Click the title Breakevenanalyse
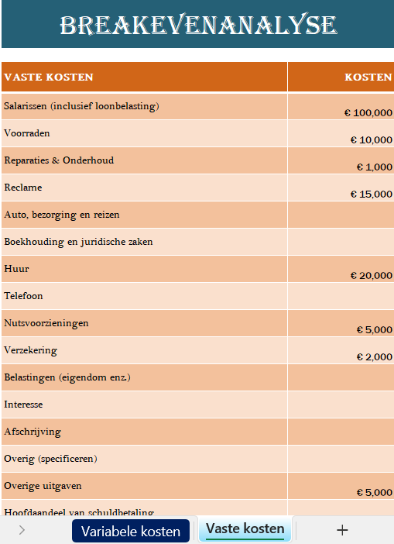pyautogui.click(x=198, y=26)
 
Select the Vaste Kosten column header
pyautogui.click(x=49, y=77)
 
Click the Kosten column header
pyautogui.click(x=368, y=77)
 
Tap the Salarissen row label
pyautogui.click(x=81, y=106)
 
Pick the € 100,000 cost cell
pyautogui.click(x=368, y=113)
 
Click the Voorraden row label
pyautogui.click(x=27, y=133)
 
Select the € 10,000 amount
pyautogui.click(x=372, y=140)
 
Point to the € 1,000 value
pyautogui.click(x=375, y=167)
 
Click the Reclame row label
pyautogui.click(x=23, y=188)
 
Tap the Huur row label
pyautogui.click(x=17, y=269)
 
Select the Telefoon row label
pyautogui.click(x=24, y=296)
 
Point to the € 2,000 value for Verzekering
pyautogui.click(x=375, y=357)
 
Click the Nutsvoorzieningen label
pyautogui.click(x=46, y=323)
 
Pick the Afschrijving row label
pyautogui.click(x=33, y=432)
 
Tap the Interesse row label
pyautogui.click(x=23, y=405)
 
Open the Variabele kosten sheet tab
pyautogui.click(x=130, y=531)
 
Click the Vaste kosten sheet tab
pyautogui.click(x=245, y=529)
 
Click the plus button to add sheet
pyautogui.click(x=342, y=530)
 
